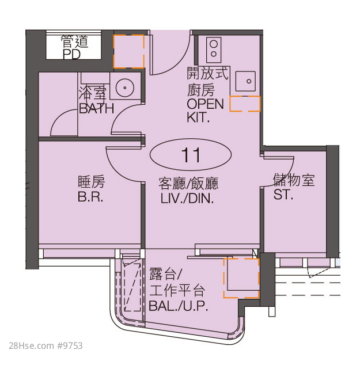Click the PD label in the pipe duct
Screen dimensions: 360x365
tap(72, 54)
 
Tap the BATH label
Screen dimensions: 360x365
tap(96, 108)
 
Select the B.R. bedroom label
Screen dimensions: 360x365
tap(90, 197)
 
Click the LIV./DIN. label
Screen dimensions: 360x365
tap(187, 199)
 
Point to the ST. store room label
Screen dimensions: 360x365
tap(283, 195)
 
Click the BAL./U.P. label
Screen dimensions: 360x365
tap(179, 306)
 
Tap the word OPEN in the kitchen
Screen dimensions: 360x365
tap(206, 104)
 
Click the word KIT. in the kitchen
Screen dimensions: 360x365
tap(198, 117)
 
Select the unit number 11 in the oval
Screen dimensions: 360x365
tap(191, 155)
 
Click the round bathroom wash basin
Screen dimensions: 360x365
tap(125, 88)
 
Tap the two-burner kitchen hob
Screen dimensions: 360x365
tap(214, 50)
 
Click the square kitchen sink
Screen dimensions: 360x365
tap(245, 81)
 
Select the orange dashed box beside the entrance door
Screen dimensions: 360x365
tap(129, 51)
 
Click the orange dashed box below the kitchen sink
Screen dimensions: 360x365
tap(245, 104)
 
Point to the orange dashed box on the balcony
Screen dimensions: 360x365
tap(241, 278)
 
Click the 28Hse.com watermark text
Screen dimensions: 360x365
tap(46, 345)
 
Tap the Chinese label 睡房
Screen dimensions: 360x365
tap(91, 182)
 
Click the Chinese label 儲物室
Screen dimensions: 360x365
tap(294, 180)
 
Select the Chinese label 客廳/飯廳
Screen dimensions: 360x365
tap(188, 184)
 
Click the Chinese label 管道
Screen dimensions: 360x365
tap(75, 41)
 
